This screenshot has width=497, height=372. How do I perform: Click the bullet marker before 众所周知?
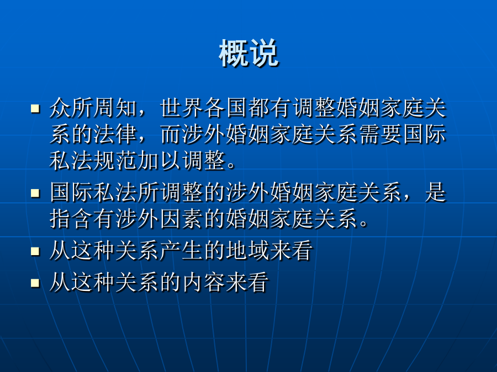tap(35, 109)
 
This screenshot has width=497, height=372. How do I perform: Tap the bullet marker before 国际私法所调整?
tap(35, 193)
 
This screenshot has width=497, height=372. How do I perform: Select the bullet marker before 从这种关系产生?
tap(35, 251)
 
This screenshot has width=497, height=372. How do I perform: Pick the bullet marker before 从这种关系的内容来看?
tap(35, 283)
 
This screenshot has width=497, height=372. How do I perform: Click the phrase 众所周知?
tap(93, 108)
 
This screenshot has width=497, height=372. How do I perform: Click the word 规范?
tap(115, 160)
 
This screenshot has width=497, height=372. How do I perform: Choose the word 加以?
tap(160, 160)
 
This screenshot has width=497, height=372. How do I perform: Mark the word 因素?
tap(182, 219)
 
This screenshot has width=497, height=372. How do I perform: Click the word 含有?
tap(93, 219)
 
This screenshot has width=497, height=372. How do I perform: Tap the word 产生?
tap(182, 251)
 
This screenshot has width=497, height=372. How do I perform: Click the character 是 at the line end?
tap(436, 193)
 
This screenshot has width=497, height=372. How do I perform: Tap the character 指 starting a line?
tap(60, 219)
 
